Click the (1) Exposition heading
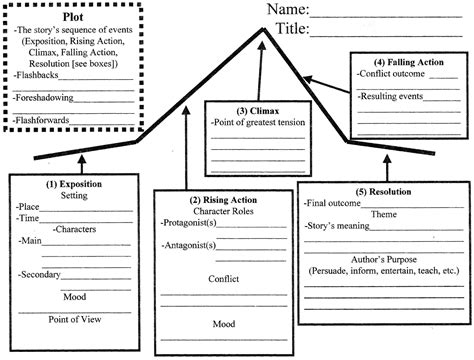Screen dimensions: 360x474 pyautogui.click(x=74, y=184)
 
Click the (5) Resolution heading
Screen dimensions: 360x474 pyautogui.click(x=382, y=191)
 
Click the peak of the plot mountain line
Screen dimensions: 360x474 pyautogui.click(x=263, y=29)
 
